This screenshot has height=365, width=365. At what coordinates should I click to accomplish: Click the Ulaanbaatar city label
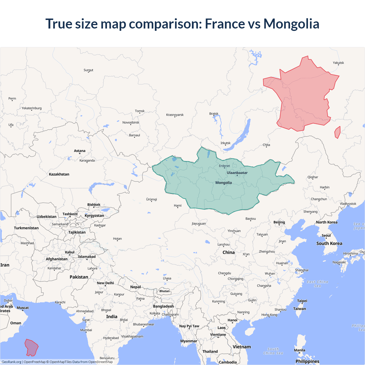[x=237, y=173]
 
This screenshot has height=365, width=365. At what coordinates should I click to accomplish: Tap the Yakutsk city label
[x=338, y=63]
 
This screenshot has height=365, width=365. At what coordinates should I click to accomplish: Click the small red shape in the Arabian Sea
[x=31, y=347]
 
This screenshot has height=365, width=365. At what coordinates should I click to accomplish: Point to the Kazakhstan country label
[x=59, y=174]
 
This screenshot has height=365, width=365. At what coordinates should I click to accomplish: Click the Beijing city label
[x=279, y=222]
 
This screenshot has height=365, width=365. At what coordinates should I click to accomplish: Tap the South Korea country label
[x=329, y=243]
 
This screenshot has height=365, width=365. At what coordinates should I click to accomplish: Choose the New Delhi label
[x=105, y=283]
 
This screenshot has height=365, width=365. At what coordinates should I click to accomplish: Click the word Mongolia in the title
[x=291, y=24]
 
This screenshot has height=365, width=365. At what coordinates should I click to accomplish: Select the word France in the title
[x=225, y=24]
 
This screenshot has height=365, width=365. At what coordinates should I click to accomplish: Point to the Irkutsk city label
[x=225, y=143]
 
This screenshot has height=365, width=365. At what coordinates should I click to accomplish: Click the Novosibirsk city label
[x=131, y=122]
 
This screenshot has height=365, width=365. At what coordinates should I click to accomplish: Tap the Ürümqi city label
[x=151, y=199]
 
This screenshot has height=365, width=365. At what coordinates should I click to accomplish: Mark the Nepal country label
[x=135, y=287]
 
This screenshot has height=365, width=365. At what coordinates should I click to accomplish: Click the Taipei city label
[x=302, y=301]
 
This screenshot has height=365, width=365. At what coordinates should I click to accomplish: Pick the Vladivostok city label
[x=348, y=204]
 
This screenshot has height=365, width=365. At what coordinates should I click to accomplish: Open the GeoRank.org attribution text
[x=11, y=362]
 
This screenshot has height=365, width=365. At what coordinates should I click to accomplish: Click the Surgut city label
[x=88, y=70]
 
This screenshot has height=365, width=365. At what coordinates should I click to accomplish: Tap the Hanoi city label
[x=232, y=320]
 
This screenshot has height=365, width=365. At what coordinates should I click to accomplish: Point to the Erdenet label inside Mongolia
[x=224, y=166]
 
